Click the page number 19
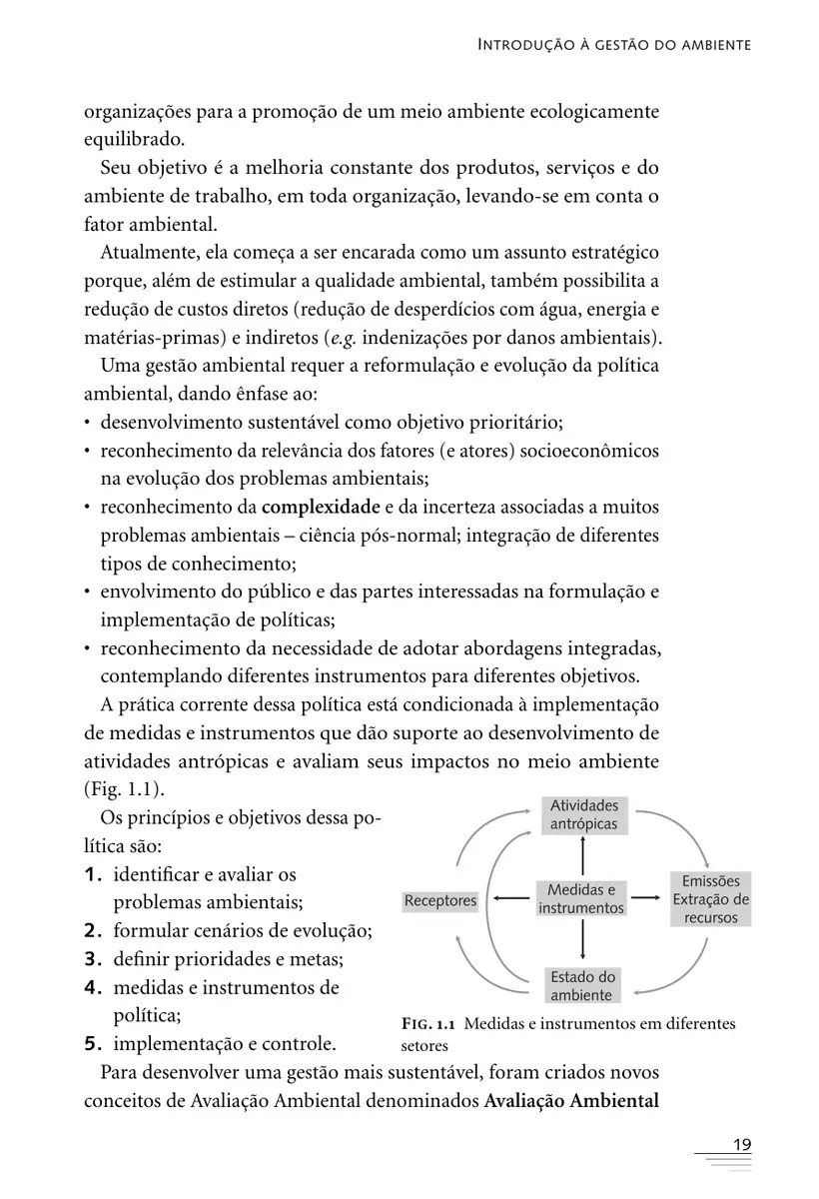click(741, 1145)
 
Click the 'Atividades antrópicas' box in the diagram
click(583, 815)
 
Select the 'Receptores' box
click(440, 900)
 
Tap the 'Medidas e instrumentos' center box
click(581, 898)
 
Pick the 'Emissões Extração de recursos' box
click(711, 898)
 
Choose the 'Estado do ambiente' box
click(582, 985)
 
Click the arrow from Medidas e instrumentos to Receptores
click(508, 898)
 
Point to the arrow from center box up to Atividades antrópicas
click(582, 855)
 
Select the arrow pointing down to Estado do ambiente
click(582, 941)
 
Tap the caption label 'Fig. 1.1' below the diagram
click(428, 1024)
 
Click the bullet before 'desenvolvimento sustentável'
click(89, 423)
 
